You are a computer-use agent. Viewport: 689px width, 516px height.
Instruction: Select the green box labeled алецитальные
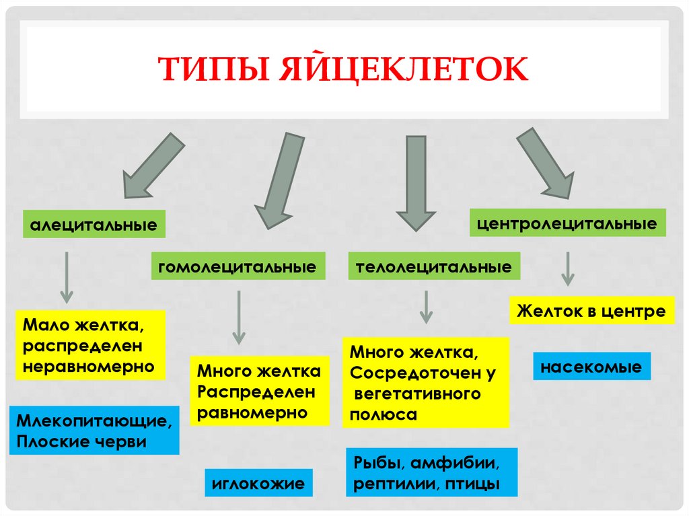(x=94, y=224)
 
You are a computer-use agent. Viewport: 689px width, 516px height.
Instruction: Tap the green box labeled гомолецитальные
(x=238, y=266)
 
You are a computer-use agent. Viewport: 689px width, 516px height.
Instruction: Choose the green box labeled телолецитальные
(x=434, y=266)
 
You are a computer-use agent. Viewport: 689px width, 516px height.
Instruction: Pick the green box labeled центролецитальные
(x=567, y=223)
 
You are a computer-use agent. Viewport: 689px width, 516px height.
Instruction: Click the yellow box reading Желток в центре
(x=591, y=311)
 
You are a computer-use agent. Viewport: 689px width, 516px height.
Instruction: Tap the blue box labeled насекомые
(x=592, y=367)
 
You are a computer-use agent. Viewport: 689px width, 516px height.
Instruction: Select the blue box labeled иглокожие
(x=258, y=482)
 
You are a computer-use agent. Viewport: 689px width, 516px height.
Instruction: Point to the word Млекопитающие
(x=94, y=422)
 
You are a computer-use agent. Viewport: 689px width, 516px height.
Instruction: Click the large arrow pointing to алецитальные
(x=152, y=165)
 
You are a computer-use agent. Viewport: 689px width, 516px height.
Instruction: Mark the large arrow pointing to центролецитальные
(x=544, y=163)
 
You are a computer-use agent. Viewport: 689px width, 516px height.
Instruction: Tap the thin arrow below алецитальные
(x=67, y=277)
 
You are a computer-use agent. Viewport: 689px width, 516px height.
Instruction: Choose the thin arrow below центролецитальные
(x=568, y=268)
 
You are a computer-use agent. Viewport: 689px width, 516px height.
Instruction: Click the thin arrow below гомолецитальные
(x=238, y=318)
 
